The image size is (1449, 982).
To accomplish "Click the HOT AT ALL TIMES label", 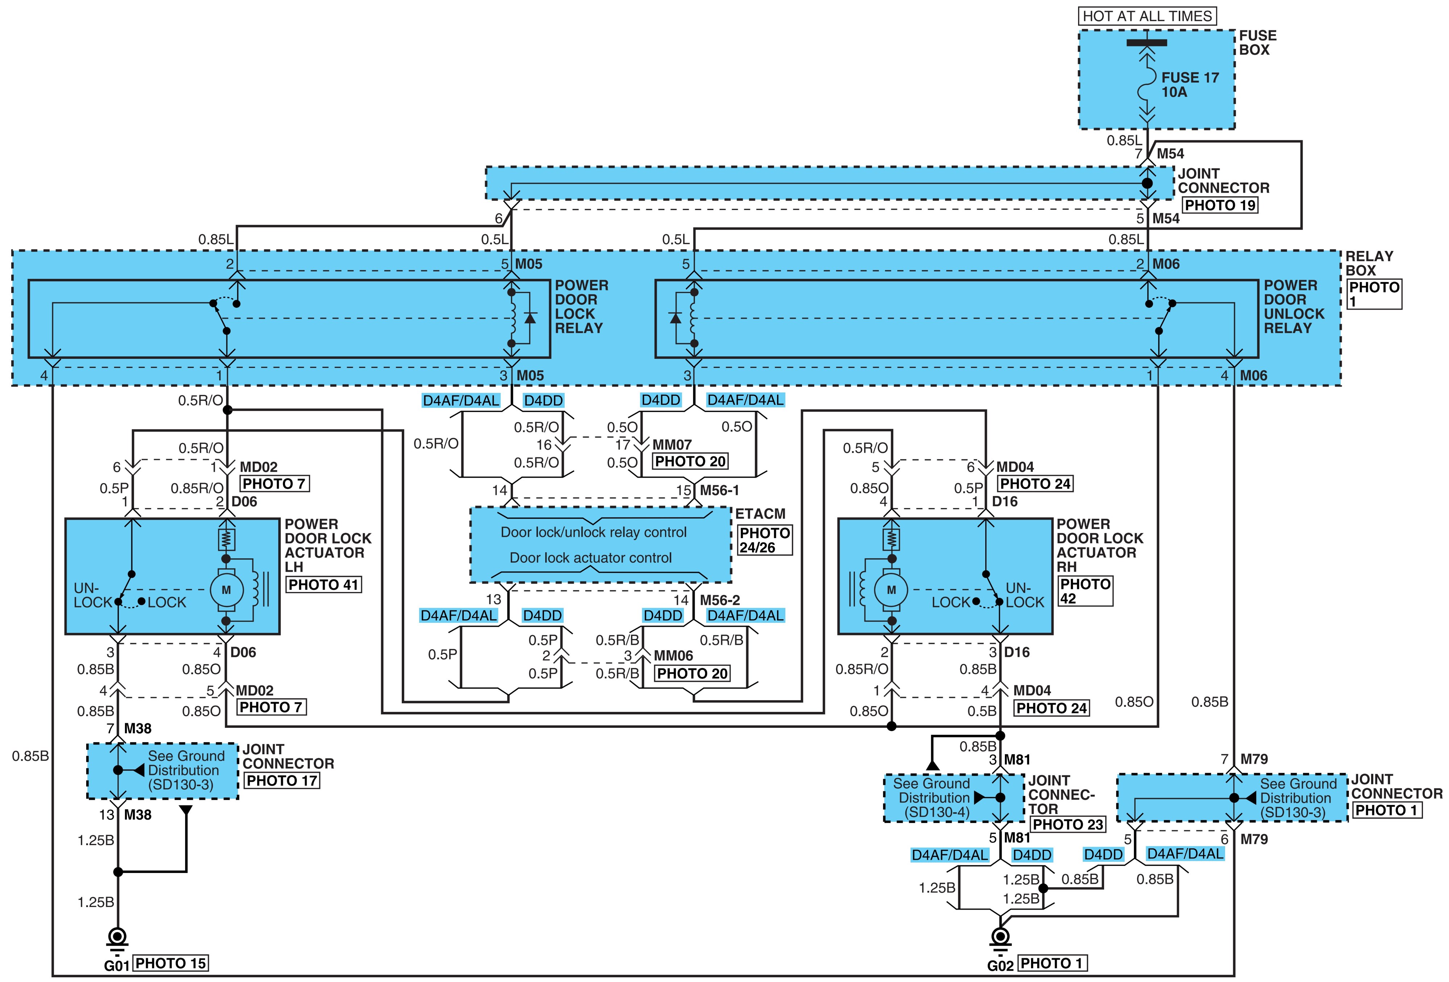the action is coord(1147,16).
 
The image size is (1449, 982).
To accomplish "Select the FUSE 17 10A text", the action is coord(1190,85).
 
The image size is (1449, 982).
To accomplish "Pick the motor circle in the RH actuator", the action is coord(891,589).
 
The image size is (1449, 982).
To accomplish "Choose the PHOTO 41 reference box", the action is coord(323,584).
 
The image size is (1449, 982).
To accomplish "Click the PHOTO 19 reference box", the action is coord(1220,205).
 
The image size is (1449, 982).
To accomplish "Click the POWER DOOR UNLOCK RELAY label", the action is coord(1293,307).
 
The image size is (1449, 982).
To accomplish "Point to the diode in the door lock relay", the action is coord(530,318).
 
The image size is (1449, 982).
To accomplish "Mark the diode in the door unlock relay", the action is coord(675,318).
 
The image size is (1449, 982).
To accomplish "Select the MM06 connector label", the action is coord(673,655).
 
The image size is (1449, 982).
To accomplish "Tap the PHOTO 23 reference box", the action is coord(1068,824).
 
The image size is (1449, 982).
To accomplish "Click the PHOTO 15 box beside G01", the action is coord(171,963).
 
